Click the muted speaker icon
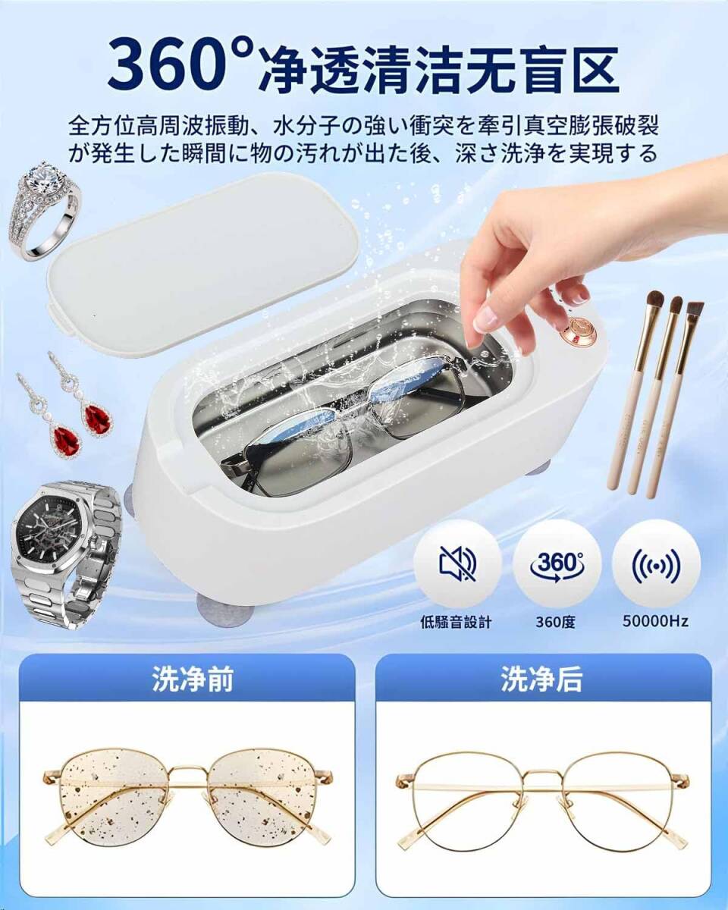pos(457,563)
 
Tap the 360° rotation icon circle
pos(557,563)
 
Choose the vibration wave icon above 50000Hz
pos(656,563)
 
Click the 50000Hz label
pos(656,621)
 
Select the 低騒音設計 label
pos(457,622)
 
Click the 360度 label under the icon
pos(557,622)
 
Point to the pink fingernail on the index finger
pos(485,318)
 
